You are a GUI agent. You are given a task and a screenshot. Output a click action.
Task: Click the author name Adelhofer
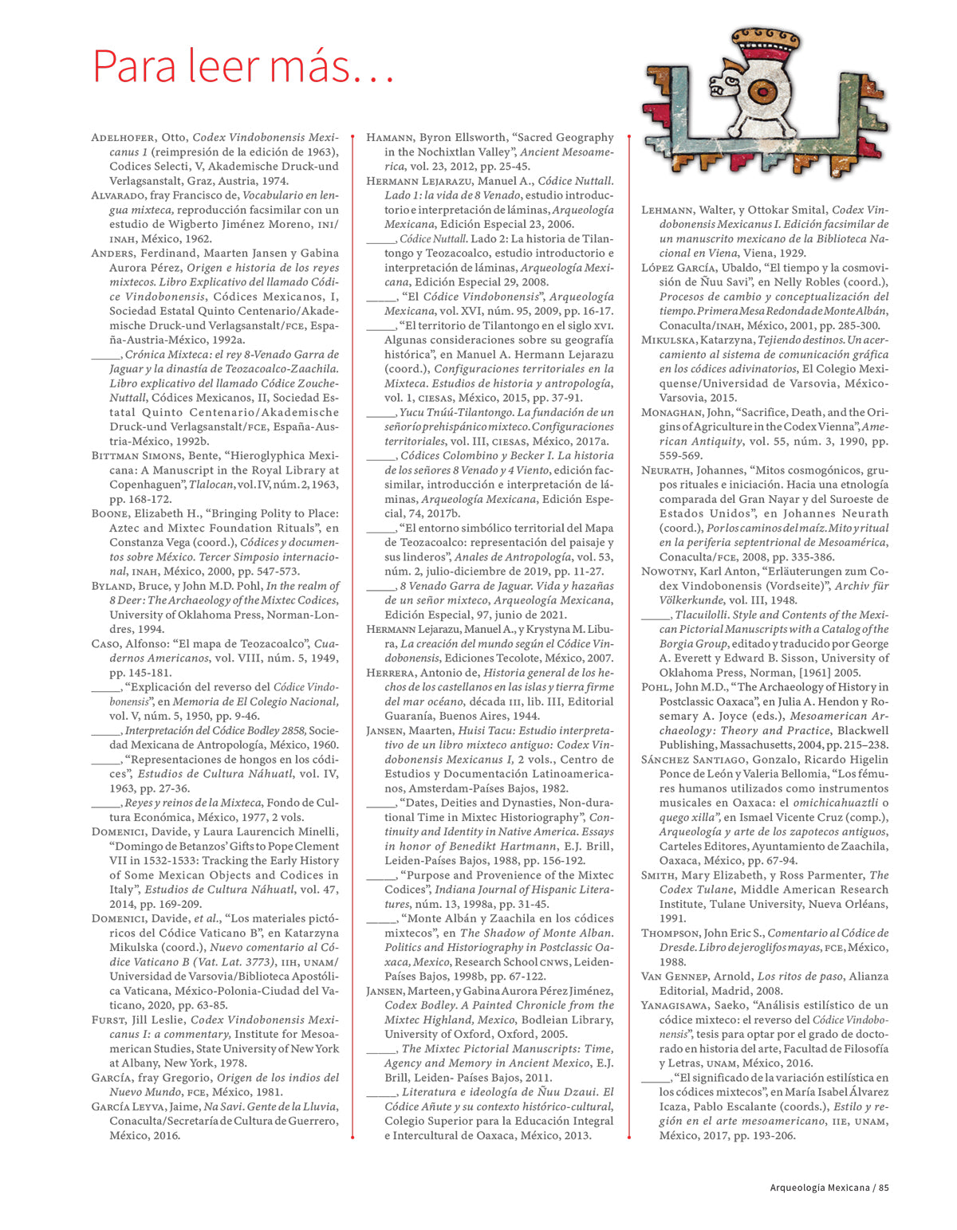click(123, 138)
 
